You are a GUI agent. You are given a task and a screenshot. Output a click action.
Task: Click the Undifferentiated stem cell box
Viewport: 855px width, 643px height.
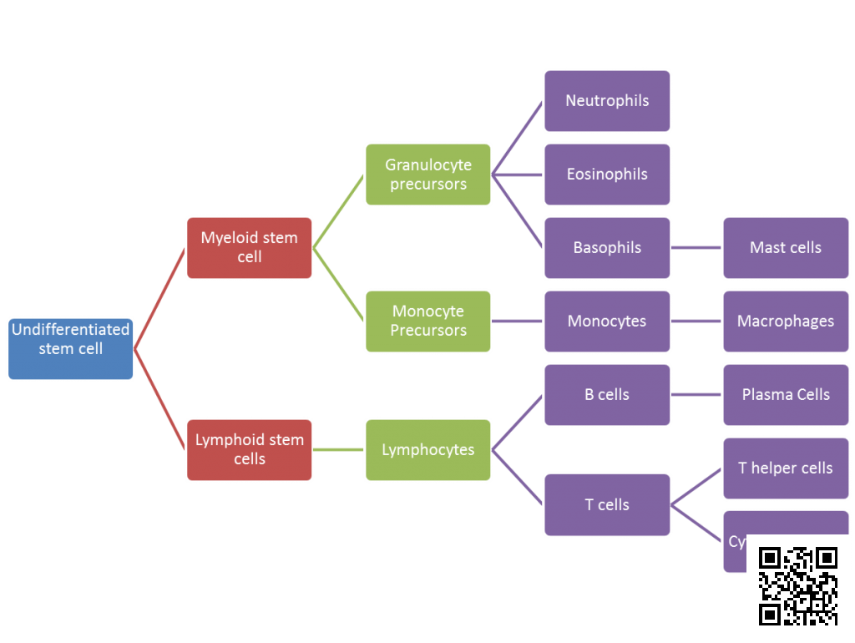pos(70,348)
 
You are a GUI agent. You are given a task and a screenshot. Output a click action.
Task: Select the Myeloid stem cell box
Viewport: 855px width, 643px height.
pos(249,247)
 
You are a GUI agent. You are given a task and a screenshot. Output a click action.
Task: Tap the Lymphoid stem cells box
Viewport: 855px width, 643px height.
pos(249,449)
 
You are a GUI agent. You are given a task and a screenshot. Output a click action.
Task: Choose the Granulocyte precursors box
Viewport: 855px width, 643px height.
pos(427,175)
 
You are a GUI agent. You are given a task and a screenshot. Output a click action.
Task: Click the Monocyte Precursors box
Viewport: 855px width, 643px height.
pos(427,321)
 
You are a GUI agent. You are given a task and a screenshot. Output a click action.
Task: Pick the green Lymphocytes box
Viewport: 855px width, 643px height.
pos(427,450)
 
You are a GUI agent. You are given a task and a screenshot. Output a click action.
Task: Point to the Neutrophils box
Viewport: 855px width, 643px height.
pos(607,101)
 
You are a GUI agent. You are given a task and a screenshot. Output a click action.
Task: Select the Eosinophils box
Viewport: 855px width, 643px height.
pos(607,175)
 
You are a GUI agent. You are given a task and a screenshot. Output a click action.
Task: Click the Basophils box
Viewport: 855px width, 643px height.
pos(607,248)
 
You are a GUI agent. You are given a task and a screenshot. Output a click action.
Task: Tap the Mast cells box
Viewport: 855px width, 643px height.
pos(786,248)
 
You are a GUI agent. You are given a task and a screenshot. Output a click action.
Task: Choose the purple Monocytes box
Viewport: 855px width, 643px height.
pos(607,321)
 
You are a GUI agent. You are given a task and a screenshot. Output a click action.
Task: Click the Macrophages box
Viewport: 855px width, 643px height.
pos(786,321)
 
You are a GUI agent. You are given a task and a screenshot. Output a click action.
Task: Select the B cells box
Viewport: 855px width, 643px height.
pos(607,395)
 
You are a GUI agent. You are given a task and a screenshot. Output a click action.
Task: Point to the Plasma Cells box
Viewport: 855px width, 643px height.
pos(786,395)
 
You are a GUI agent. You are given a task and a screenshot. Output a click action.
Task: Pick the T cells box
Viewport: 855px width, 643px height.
pos(607,504)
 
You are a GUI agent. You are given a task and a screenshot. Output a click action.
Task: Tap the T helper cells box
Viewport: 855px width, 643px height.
pos(786,468)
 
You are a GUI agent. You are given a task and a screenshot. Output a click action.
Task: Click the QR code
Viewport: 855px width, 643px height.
pos(797,585)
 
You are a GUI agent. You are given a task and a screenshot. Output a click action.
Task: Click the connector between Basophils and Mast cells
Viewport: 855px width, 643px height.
pos(696,248)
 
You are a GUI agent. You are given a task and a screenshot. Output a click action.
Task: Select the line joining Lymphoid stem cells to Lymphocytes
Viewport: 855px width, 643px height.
pos(338,450)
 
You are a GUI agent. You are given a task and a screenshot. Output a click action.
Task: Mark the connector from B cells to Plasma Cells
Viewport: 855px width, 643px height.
pos(696,395)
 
